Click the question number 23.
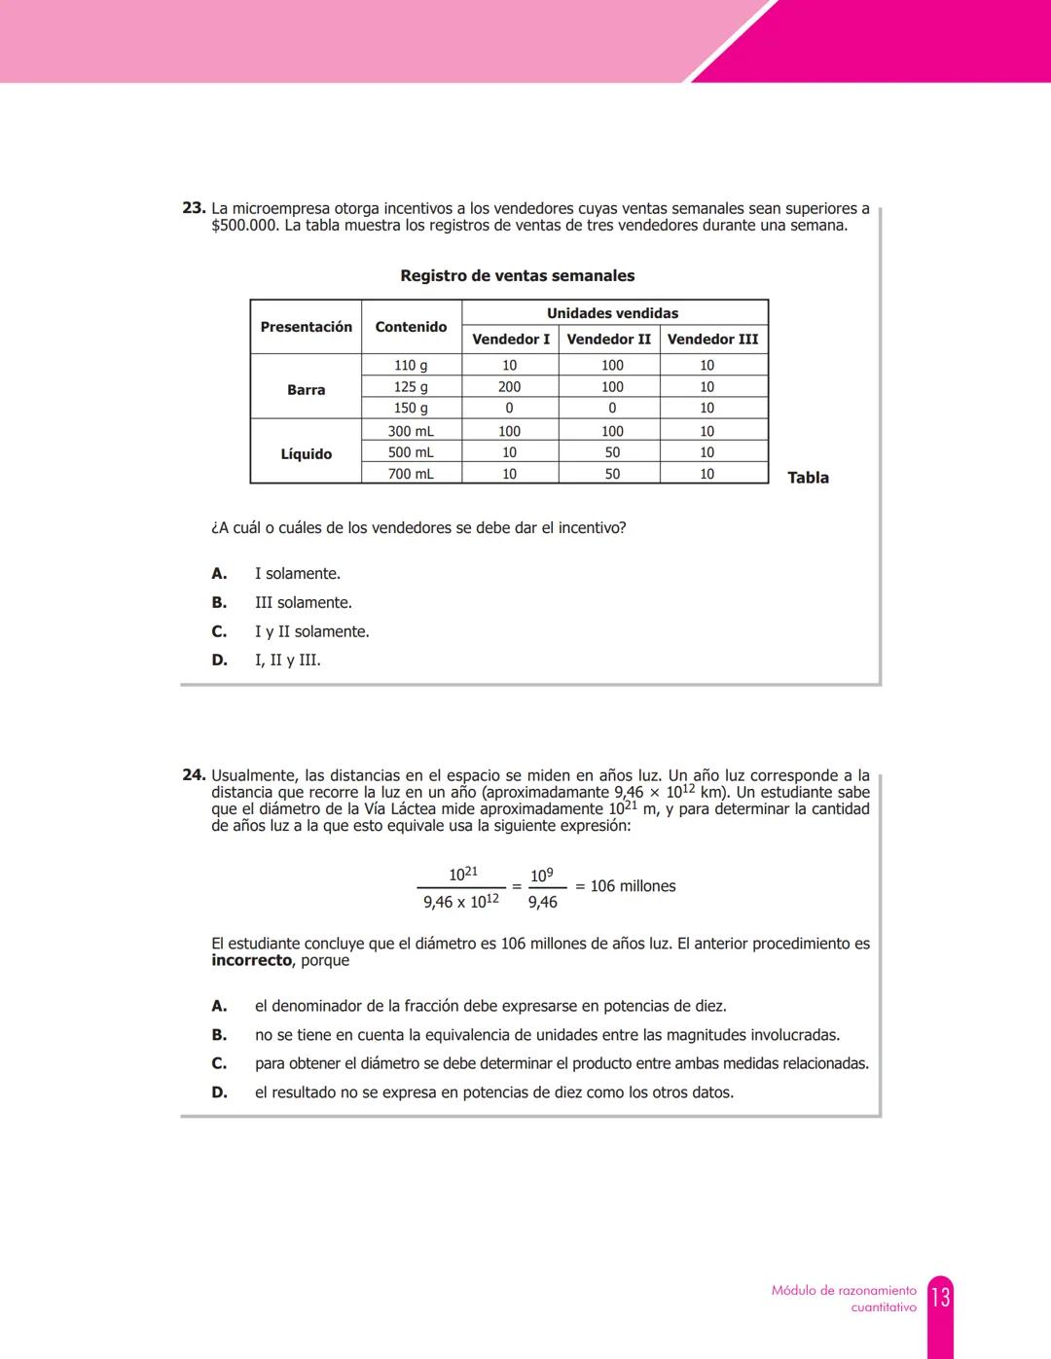pyautogui.click(x=194, y=208)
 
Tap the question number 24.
pyautogui.click(x=194, y=775)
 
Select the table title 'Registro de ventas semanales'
pyautogui.click(x=517, y=275)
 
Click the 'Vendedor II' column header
pyautogui.click(x=608, y=339)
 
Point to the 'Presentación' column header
pyautogui.click(x=306, y=327)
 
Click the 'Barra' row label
pyautogui.click(x=306, y=389)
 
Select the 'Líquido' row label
pyautogui.click(x=306, y=453)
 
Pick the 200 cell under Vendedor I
pyautogui.click(x=509, y=386)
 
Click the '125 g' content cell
pyautogui.click(x=411, y=386)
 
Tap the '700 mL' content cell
pyautogui.click(x=411, y=474)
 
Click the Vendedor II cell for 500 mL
pyautogui.click(x=611, y=452)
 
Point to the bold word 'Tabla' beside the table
pyautogui.click(x=808, y=478)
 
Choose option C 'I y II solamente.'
pyautogui.click(x=311, y=631)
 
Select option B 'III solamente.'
pyautogui.click(x=303, y=602)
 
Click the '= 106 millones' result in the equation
pyautogui.click(x=626, y=886)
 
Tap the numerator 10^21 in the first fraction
pyautogui.click(x=462, y=874)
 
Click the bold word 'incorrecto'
pyautogui.click(x=251, y=960)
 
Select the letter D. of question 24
pyautogui.click(x=219, y=1092)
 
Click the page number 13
pyautogui.click(x=940, y=1298)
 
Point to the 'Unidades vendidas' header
pyautogui.click(x=612, y=313)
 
